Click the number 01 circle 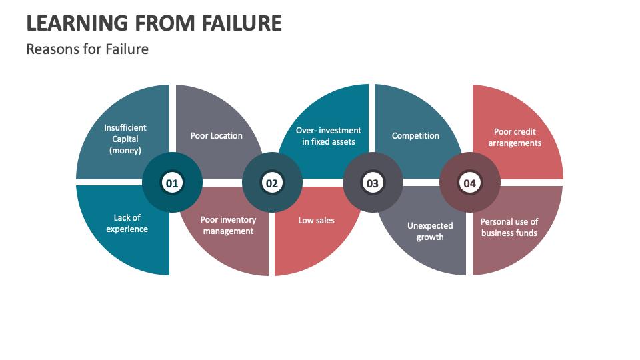coord(172,183)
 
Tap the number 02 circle coord(272,183)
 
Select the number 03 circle coord(373,183)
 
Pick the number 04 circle coord(470,183)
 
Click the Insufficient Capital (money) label coord(125,139)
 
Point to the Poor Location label coord(216,135)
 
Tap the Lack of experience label coord(127,223)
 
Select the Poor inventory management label coord(228,225)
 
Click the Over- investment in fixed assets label coord(329,136)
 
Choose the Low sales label coord(316,221)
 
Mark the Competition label coord(415,135)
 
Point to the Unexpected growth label coord(430,231)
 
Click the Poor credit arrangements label coord(515,137)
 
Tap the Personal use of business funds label coord(509,227)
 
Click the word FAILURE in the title coord(241,23)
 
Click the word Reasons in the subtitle coord(53,49)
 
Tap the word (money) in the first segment coord(125,151)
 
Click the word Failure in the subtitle coord(127,49)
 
